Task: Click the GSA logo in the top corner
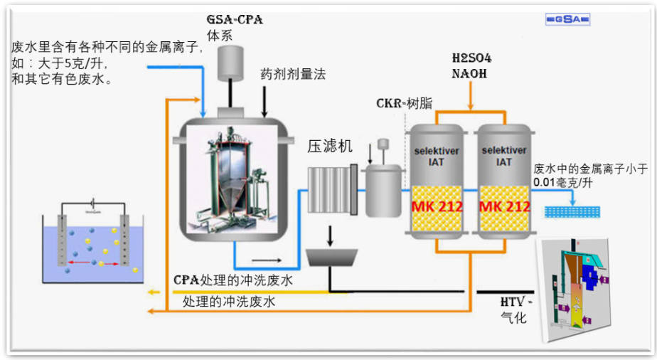567,19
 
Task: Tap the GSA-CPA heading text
235,19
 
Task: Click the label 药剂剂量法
293,73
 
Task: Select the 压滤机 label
329,147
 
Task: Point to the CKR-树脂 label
404,102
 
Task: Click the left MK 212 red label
437,207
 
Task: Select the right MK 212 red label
504,207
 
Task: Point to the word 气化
513,317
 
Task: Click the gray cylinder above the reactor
230,61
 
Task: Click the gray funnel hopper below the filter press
331,256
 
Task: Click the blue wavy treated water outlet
572,211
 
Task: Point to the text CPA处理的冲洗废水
233,280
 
